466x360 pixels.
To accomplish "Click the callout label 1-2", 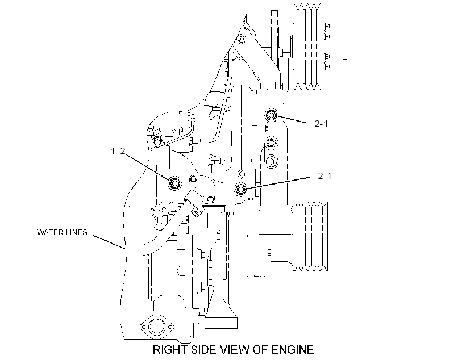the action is (x=118, y=151).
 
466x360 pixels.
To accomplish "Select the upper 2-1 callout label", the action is (x=321, y=124).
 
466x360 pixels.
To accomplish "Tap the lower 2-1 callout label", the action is (x=324, y=176).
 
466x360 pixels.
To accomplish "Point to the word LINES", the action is (x=76, y=232).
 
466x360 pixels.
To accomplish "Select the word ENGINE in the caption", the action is (x=293, y=350).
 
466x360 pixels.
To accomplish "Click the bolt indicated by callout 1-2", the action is (x=174, y=183).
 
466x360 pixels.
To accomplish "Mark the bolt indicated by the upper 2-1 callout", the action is (x=271, y=115).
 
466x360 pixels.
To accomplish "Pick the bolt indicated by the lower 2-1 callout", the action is (x=241, y=189).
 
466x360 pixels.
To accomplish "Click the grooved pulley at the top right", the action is (x=307, y=47).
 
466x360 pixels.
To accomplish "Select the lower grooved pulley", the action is (x=309, y=236).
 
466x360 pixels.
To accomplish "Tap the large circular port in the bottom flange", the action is (x=157, y=326).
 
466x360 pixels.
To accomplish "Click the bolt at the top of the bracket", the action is (x=241, y=39).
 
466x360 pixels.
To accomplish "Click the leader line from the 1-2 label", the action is (x=147, y=167).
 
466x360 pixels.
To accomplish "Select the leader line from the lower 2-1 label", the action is (x=278, y=183).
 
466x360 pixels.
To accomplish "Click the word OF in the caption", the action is (x=261, y=350).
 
